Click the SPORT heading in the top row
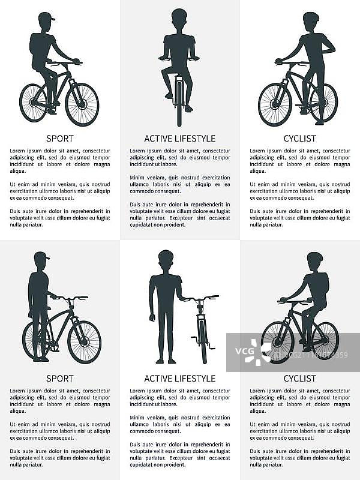[x=59, y=139]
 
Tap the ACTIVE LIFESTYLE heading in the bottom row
[x=179, y=379]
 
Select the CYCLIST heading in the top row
[x=299, y=139]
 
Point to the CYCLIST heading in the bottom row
[x=299, y=379]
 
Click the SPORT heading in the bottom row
[x=59, y=379]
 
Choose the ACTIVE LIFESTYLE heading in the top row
[x=179, y=139]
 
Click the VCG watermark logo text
[x=245, y=351]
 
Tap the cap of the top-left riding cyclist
[x=47, y=16]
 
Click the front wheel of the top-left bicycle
[x=82, y=104]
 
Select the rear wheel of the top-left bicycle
[x=34, y=102]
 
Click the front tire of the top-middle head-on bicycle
[x=179, y=104]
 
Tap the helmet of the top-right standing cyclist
[x=311, y=17]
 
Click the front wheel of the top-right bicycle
[x=275, y=104]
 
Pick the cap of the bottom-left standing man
[x=41, y=256]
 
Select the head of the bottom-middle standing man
[x=166, y=260]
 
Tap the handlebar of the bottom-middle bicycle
[x=201, y=298]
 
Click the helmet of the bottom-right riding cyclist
[x=315, y=257]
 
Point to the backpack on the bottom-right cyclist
[x=325, y=281]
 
